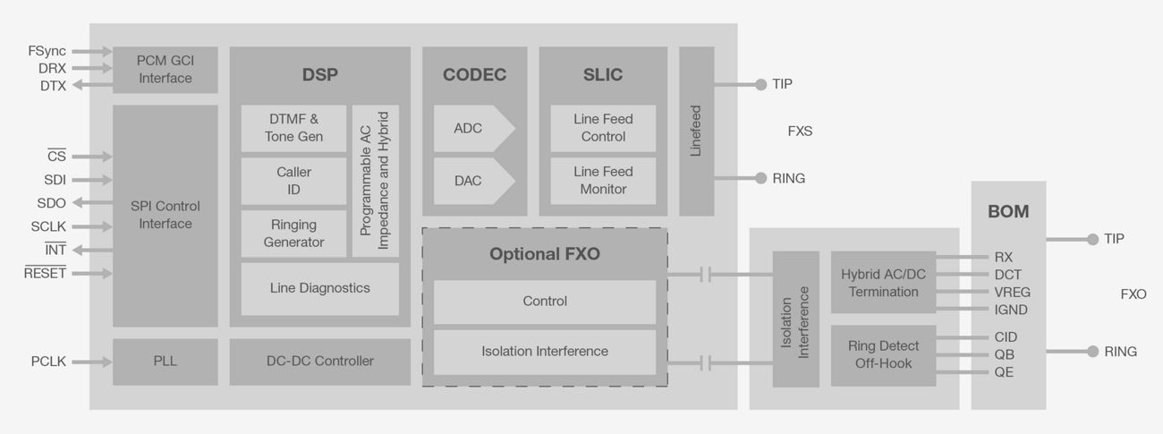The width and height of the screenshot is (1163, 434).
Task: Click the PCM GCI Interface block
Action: point(165,70)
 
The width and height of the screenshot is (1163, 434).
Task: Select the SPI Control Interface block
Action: point(165,215)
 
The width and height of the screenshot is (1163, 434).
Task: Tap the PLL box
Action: point(165,362)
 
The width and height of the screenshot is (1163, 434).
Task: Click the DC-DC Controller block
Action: point(319,362)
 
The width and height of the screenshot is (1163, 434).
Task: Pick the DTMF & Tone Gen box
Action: point(293,128)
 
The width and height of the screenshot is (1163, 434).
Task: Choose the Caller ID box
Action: point(293,181)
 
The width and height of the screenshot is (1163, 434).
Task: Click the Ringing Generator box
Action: point(293,234)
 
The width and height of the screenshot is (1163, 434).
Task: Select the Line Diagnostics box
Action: point(319,288)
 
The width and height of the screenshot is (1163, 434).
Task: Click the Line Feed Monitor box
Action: point(602,181)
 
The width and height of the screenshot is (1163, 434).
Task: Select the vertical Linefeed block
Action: point(696,132)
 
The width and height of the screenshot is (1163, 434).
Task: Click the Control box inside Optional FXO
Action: point(544,302)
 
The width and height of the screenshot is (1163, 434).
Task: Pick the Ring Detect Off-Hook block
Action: point(882,355)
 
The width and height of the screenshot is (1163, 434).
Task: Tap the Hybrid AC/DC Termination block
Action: point(882,283)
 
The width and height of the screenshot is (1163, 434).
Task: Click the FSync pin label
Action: point(47,51)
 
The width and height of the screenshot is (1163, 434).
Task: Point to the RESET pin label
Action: point(45,274)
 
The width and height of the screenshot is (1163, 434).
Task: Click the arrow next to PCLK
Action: point(91,362)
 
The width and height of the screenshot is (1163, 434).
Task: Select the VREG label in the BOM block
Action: point(1012,293)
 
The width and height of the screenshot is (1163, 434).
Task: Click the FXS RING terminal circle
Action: point(760,178)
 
